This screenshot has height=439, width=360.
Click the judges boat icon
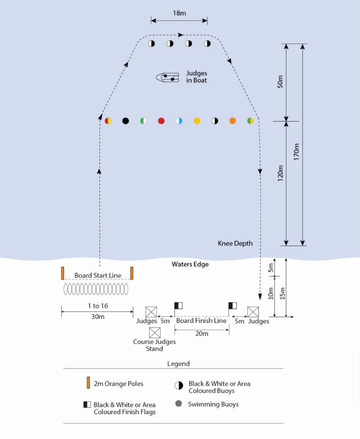[x=167, y=78]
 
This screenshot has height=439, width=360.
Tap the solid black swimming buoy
[x=126, y=121]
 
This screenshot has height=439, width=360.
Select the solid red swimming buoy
[x=161, y=121]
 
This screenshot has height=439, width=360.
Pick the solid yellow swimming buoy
[x=197, y=121]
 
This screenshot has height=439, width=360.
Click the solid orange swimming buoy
[x=233, y=121]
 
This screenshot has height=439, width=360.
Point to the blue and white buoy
[x=179, y=121]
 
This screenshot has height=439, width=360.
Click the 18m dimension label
[x=179, y=13]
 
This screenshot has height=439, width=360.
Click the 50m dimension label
[x=281, y=82]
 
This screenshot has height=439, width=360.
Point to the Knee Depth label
[x=235, y=243]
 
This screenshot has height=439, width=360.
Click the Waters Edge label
[x=190, y=264]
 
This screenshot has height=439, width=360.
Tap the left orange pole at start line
[x=63, y=273]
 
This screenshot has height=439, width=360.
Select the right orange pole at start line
[x=132, y=273]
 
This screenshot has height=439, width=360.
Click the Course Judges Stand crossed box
[x=155, y=333]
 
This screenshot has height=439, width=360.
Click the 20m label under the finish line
[x=202, y=334]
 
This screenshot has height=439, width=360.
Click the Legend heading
[x=178, y=363]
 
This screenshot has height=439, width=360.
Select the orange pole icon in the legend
[x=88, y=383]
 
